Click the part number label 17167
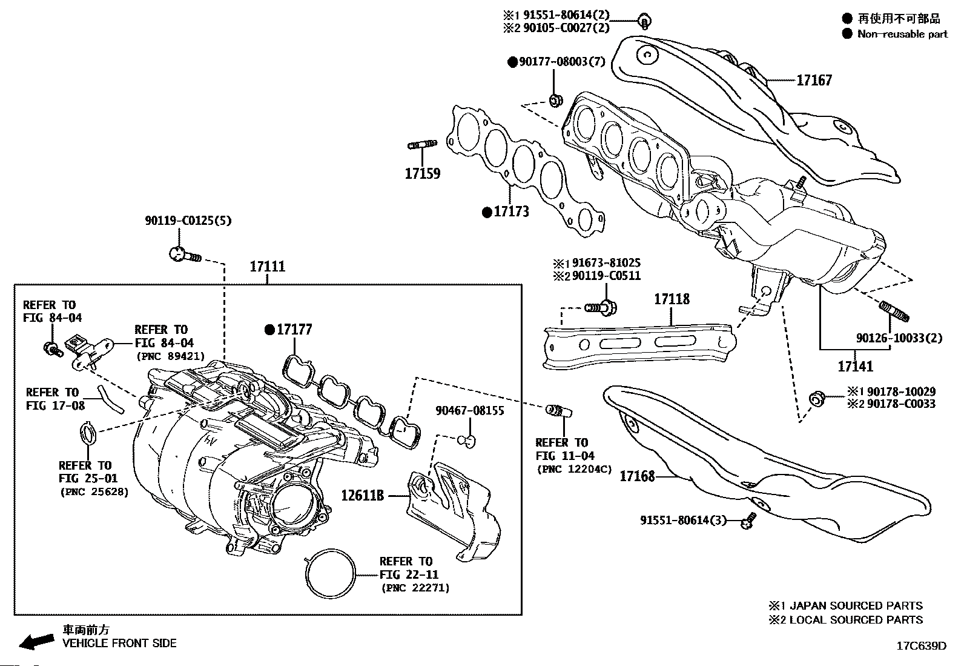pos(814,80)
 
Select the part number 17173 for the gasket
pos(511,211)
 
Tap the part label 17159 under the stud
pos(423,173)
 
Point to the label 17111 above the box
pos(268,266)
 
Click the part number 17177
pos(294,330)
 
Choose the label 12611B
pos(362,496)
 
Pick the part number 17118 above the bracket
pos(672,299)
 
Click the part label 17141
pos(856,366)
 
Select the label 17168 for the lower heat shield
pos(637,476)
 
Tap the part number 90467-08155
pos(469,410)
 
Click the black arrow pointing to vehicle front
pos(37,641)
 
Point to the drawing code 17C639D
pos(922,646)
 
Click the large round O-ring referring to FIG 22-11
pos(331,573)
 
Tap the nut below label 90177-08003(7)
pos(556,101)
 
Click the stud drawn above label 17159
pos(422,144)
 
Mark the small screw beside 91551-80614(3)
pos(749,521)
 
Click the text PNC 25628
pos(94,492)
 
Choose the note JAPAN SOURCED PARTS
pos(856,605)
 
